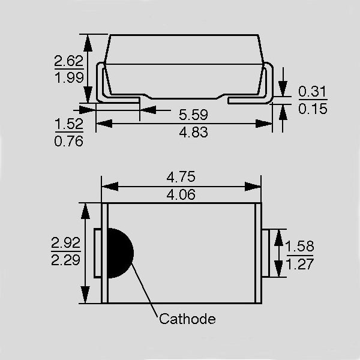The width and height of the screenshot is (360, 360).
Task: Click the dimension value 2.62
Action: pyautogui.click(x=68, y=61)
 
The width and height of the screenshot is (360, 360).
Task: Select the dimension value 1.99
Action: pyautogui.click(x=69, y=77)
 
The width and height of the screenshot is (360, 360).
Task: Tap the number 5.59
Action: pyautogui.click(x=193, y=115)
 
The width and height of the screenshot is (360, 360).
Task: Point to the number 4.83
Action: pyautogui.click(x=194, y=133)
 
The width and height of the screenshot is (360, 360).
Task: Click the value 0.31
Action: pyautogui.click(x=312, y=91)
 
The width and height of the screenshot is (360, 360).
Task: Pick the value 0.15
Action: pyautogui.click(x=313, y=109)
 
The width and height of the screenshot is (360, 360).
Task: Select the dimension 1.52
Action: pyautogui.click(x=69, y=124)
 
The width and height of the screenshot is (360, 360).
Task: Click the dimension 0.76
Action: pyautogui.click(x=68, y=141)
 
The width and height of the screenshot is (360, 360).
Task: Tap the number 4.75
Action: pyautogui.click(x=181, y=177)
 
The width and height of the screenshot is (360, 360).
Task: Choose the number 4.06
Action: pyautogui.click(x=181, y=194)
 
